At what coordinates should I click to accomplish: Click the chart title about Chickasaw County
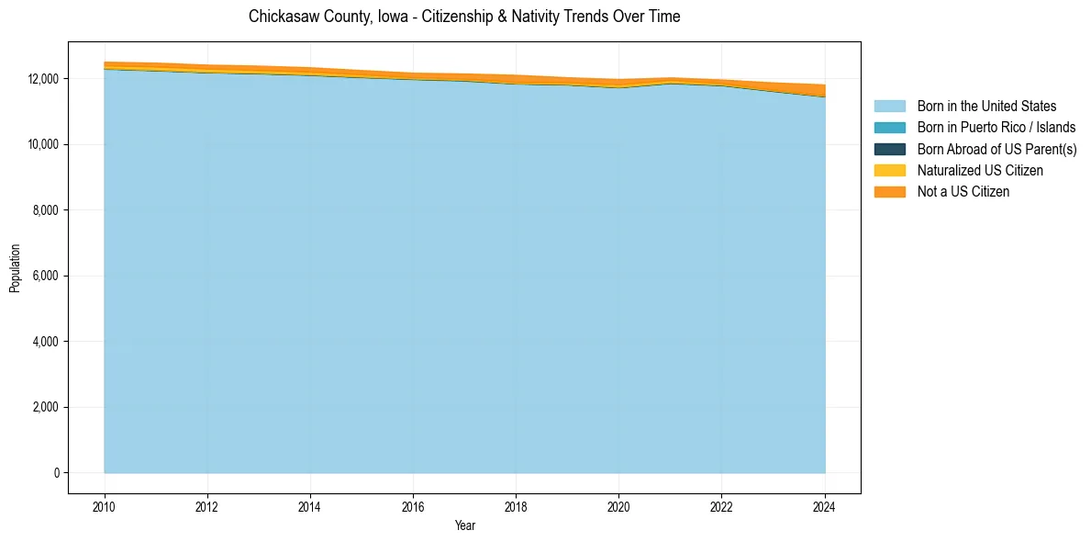click(x=464, y=17)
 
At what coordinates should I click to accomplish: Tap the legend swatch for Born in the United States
click(x=889, y=107)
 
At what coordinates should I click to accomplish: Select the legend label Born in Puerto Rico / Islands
click(x=996, y=128)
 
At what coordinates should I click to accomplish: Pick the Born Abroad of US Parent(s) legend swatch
click(x=889, y=149)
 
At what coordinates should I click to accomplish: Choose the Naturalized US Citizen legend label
click(x=980, y=170)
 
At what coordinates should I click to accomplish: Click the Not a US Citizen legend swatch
click(x=889, y=191)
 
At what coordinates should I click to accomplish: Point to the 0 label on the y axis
click(x=57, y=473)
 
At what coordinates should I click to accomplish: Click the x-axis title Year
click(x=464, y=525)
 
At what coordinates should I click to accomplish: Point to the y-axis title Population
click(x=15, y=268)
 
